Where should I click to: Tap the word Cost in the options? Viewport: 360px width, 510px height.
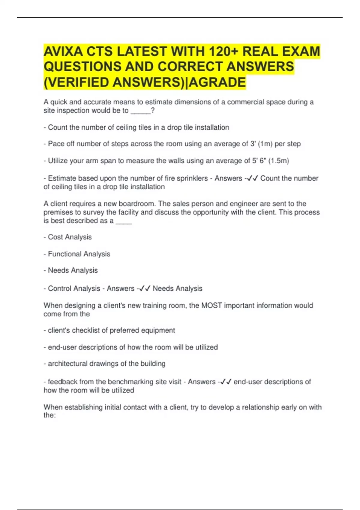coord(55,237)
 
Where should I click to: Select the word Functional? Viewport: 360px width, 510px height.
coord(65,254)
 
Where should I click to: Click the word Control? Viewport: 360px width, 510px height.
coord(59,289)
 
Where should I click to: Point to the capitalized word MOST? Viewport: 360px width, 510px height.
coord(211,305)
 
